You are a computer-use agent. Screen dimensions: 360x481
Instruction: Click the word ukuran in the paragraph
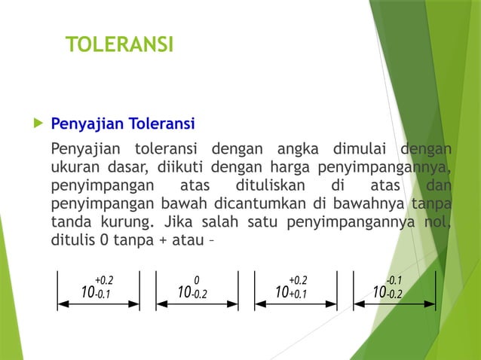75,166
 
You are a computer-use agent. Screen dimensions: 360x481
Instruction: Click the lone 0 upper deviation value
196,279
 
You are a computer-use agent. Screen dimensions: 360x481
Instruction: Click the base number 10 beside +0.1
283,291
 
